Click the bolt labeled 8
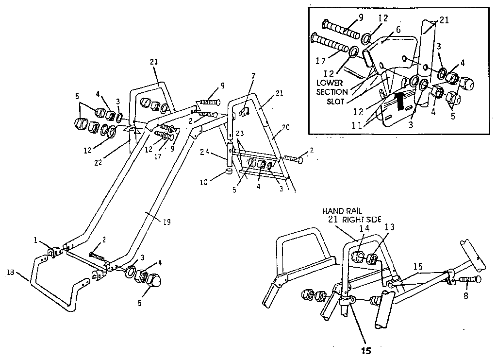(468, 279)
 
